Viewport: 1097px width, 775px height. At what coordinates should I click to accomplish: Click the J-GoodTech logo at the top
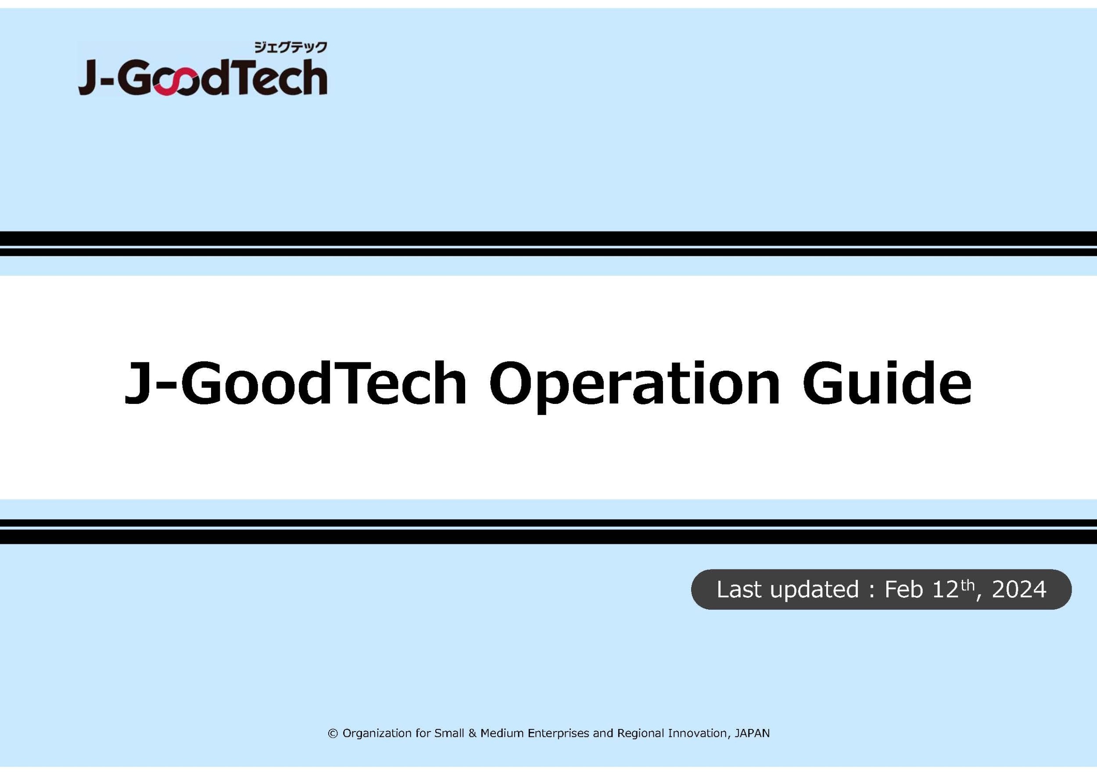203,69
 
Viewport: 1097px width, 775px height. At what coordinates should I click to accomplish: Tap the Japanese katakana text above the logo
290,47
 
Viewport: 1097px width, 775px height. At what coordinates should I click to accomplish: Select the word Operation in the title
634,385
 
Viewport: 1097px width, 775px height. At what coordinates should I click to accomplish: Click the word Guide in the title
887,382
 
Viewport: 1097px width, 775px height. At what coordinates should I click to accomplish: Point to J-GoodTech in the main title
295,382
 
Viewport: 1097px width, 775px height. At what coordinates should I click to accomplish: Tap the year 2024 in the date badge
1018,589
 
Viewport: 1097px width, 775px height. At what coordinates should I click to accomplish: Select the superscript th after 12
967,585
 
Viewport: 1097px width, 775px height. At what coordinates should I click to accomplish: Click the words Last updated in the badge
787,589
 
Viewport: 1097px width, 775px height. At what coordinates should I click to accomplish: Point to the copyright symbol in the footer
333,733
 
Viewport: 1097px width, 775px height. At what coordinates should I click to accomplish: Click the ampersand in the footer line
472,733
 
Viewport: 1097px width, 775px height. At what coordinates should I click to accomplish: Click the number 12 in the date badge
945,589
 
